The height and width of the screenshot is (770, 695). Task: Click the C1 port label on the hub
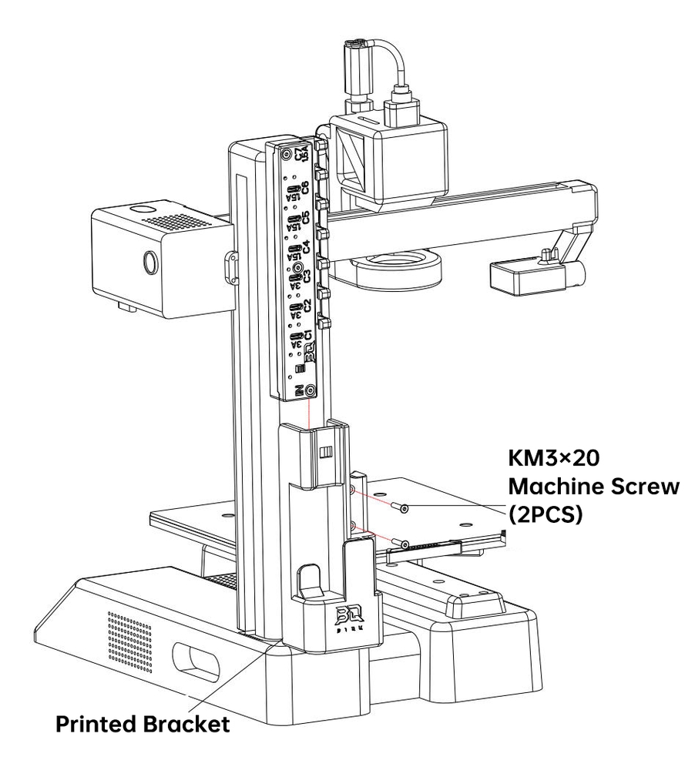point(306,336)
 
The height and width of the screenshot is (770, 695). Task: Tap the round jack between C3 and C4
point(297,269)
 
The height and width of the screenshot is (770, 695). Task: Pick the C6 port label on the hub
point(306,187)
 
